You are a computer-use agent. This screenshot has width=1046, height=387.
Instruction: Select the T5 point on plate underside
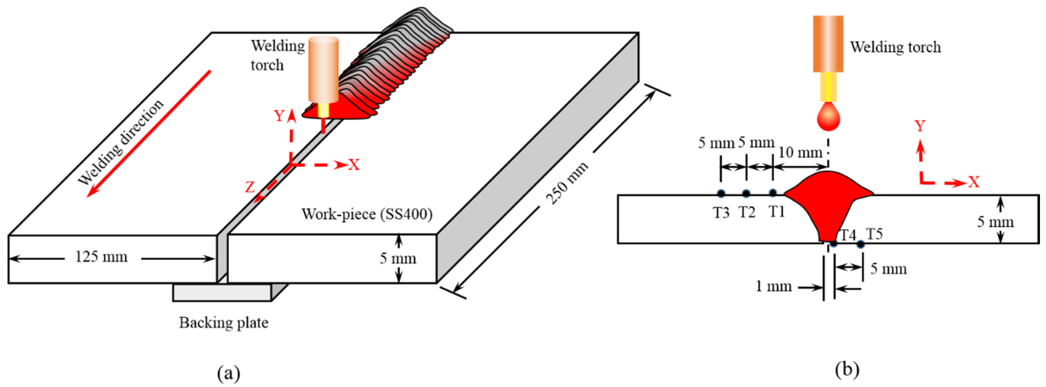tap(860, 244)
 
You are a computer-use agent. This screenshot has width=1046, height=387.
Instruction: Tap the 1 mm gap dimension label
tap(774, 286)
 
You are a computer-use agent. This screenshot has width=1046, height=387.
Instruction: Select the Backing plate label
tap(224, 323)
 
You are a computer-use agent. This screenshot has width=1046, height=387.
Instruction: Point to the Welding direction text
tap(121, 142)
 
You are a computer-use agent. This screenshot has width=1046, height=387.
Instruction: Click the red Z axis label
tap(250, 187)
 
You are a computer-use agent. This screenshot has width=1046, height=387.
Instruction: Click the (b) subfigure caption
tap(847, 370)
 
